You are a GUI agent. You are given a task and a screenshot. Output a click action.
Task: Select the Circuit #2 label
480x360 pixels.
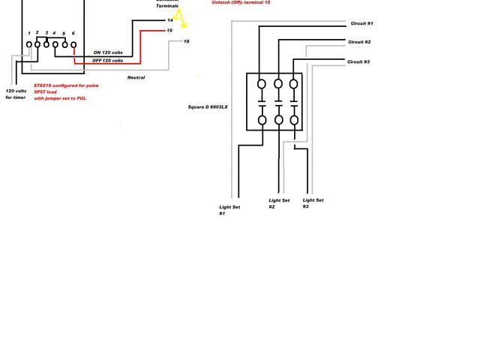tap(359, 43)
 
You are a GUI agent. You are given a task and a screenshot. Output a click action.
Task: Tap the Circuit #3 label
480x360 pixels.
tap(358, 61)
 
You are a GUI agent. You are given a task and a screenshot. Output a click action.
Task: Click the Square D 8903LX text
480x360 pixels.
tap(208, 107)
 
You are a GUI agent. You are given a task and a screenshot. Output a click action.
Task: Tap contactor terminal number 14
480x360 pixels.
tap(170, 20)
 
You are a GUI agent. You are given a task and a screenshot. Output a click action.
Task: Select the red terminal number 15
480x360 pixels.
tap(170, 30)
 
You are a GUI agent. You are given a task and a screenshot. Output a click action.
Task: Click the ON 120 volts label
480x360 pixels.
tap(108, 52)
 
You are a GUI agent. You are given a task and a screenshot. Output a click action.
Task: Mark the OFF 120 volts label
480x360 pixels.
tap(108, 60)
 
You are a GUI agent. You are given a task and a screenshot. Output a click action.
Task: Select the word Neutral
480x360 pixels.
tap(136, 77)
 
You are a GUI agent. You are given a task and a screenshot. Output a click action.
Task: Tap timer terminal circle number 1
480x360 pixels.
tap(29, 45)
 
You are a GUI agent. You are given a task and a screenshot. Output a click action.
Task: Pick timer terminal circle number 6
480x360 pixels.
tap(73, 45)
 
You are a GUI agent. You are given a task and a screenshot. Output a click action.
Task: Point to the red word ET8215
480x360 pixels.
tap(42, 85)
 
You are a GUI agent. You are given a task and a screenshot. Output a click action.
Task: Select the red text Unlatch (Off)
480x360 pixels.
tap(227, 3)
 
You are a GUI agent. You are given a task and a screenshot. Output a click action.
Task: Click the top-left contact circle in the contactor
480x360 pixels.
tap(262, 83)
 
